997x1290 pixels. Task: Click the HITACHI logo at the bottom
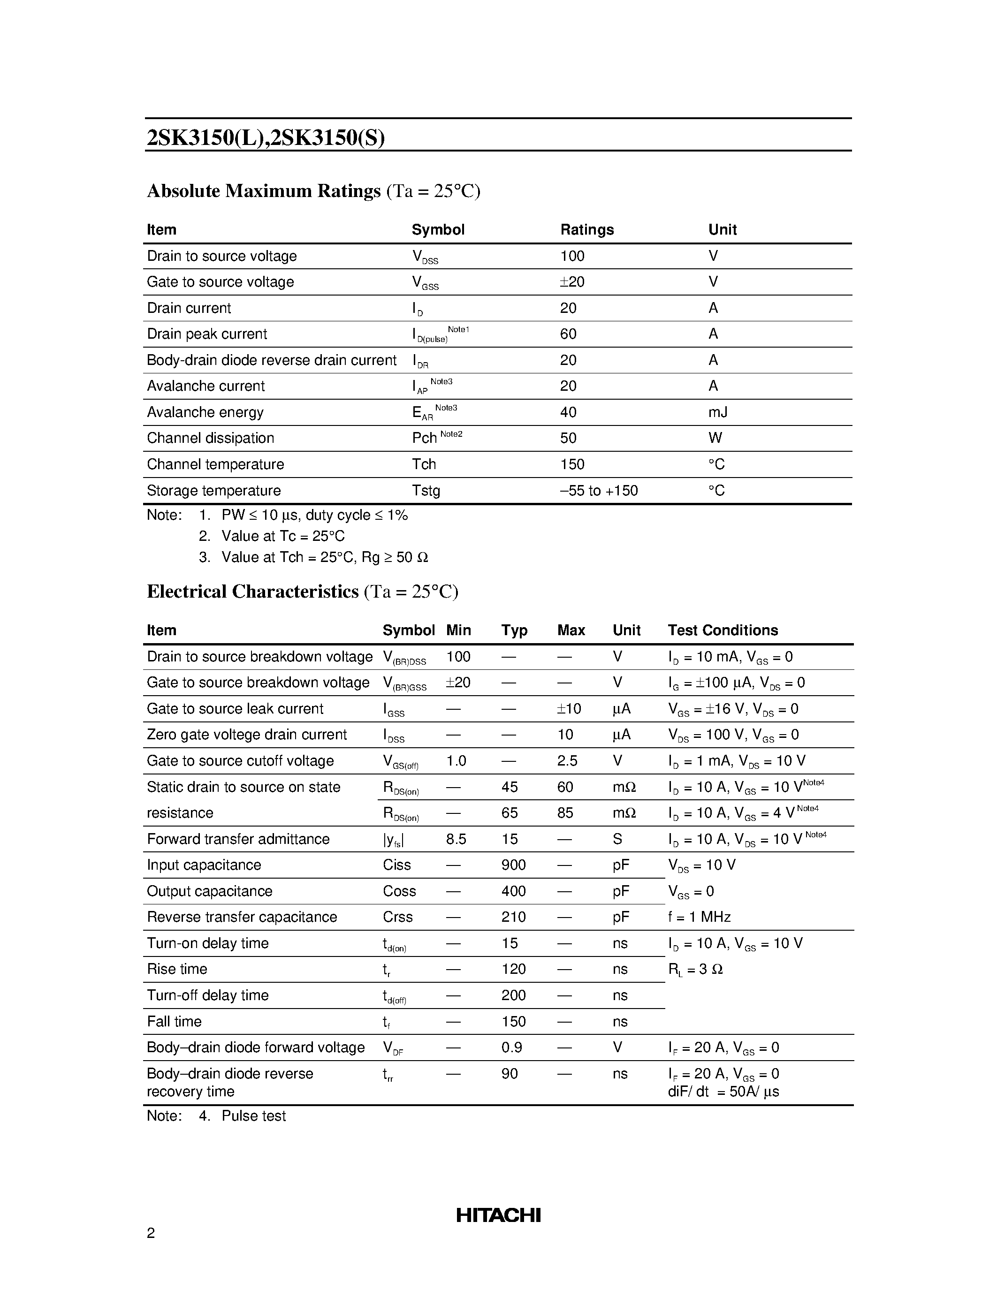pos(498,1215)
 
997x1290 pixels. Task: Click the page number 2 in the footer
pos(151,1233)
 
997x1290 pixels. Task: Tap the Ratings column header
pos(586,230)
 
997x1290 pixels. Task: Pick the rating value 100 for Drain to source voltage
pos(572,256)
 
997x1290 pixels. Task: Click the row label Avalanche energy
pos(205,412)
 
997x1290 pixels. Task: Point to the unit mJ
pos(718,412)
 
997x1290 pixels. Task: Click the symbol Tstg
pos(426,491)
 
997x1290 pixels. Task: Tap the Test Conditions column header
pos(723,630)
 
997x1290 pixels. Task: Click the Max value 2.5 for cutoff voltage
pos(567,761)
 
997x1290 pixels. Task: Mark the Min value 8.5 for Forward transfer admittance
pos(456,839)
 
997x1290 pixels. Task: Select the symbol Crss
pos(397,917)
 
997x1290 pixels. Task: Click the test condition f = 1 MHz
pos(700,917)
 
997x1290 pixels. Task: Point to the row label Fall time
pos(174,1021)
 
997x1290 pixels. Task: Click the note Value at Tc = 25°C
pos(283,536)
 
